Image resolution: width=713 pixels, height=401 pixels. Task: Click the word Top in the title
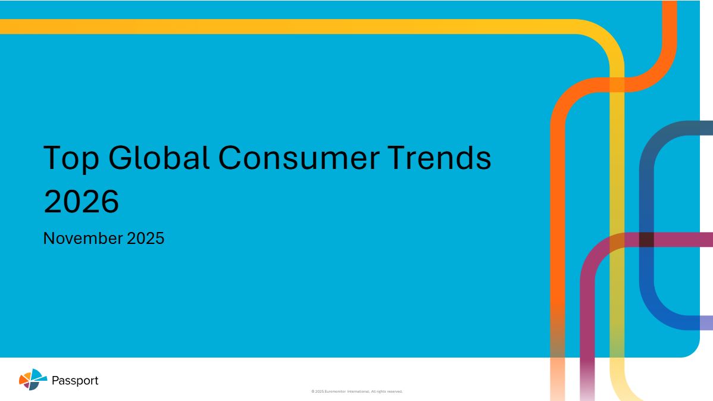click(71, 159)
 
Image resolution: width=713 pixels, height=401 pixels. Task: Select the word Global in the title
click(159, 157)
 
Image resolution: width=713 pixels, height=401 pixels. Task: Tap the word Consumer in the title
click(299, 158)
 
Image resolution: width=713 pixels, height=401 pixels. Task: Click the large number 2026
click(81, 201)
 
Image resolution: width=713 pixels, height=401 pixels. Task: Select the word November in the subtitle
click(83, 238)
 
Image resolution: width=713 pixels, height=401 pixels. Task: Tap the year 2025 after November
click(145, 238)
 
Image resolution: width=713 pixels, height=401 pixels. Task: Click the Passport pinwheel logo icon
click(33, 379)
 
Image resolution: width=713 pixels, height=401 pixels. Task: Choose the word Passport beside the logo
click(75, 381)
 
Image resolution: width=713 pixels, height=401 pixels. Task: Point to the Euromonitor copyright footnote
click(357, 391)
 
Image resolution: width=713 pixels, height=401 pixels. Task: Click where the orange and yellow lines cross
click(617, 84)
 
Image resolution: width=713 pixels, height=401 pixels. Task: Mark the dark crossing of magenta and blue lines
click(646, 240)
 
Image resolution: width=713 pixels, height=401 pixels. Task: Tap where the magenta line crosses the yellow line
click(617, 240)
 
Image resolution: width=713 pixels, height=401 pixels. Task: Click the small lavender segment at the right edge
click(706, 323)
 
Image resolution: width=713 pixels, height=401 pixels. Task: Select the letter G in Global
click(120, 157)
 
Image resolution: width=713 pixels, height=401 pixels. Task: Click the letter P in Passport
click(55, 380)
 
